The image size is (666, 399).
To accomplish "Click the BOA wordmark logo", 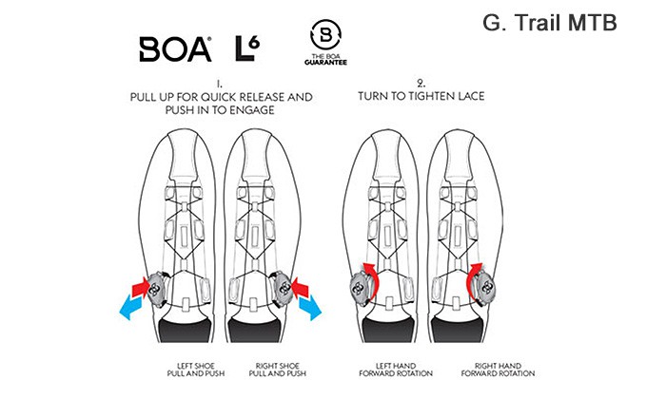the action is [x=175, y=49].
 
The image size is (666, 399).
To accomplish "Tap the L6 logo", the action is [x=247, y=48].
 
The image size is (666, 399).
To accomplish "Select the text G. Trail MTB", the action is [x=550, y=23].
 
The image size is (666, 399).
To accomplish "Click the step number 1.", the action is [x=219, y=84].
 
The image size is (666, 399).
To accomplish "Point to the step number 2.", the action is [x=421, y=83].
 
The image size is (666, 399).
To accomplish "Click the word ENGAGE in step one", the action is [x=252, y=110].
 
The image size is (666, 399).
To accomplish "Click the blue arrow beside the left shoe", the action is [x=132, y=307].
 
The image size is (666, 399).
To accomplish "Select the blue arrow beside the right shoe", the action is [x=310, y=308].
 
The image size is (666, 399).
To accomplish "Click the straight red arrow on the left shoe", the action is [x=141, y=287].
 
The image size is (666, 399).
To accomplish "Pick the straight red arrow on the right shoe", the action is [x=301, y=287].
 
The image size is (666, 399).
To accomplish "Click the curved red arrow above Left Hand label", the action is [x=372, y=277].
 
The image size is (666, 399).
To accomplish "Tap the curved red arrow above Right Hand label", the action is [x=471, y=277].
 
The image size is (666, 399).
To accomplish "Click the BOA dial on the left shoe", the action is [x=156, y=289].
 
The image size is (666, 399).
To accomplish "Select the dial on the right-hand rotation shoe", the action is [x=486, y=289].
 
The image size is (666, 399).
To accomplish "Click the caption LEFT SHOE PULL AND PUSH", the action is [x=196, y=370].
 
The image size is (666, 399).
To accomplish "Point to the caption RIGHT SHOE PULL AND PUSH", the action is [x=278, y=370].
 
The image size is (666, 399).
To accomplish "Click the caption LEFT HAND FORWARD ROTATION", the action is [x=396, y=370].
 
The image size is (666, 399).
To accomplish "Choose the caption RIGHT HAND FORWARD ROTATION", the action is [x=498, y=370].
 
